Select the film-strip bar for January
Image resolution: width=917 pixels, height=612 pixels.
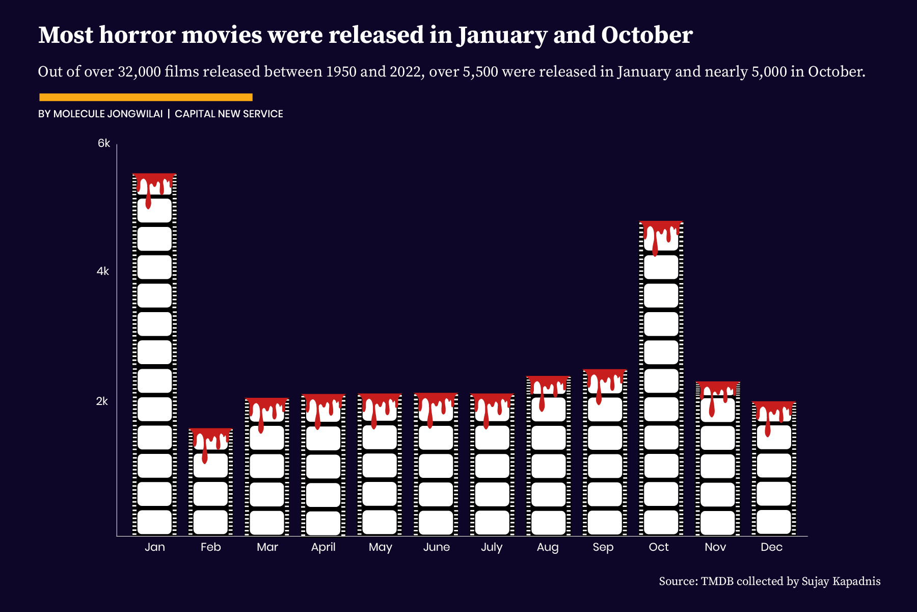pyautogui.click(x=154, y=357)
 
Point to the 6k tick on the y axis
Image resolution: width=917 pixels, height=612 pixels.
pyautogui.click(x=104, y=143)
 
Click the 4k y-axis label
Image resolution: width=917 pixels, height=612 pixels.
pyautogui.click(x=103, y=271)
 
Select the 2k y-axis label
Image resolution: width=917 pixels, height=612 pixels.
pyautogui.click(x=102, y=401)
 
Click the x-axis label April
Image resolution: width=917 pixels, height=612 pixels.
pyautogui.click(x=323, y=547)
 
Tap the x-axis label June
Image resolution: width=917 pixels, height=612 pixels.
pyautogui.click(x=437, y=547)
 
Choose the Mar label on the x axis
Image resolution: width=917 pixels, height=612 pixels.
pyautogui.click(x=267, y=547)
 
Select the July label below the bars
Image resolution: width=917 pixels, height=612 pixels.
pyautogui.click(x=492, y=547)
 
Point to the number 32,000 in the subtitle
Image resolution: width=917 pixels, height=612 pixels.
pyautogui.click(x=139, y=71)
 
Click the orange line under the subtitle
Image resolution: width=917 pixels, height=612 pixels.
pyautogui.click(x=146, y=97)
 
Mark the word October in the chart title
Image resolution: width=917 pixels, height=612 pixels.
pyautogui.click(x=646, y=35)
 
